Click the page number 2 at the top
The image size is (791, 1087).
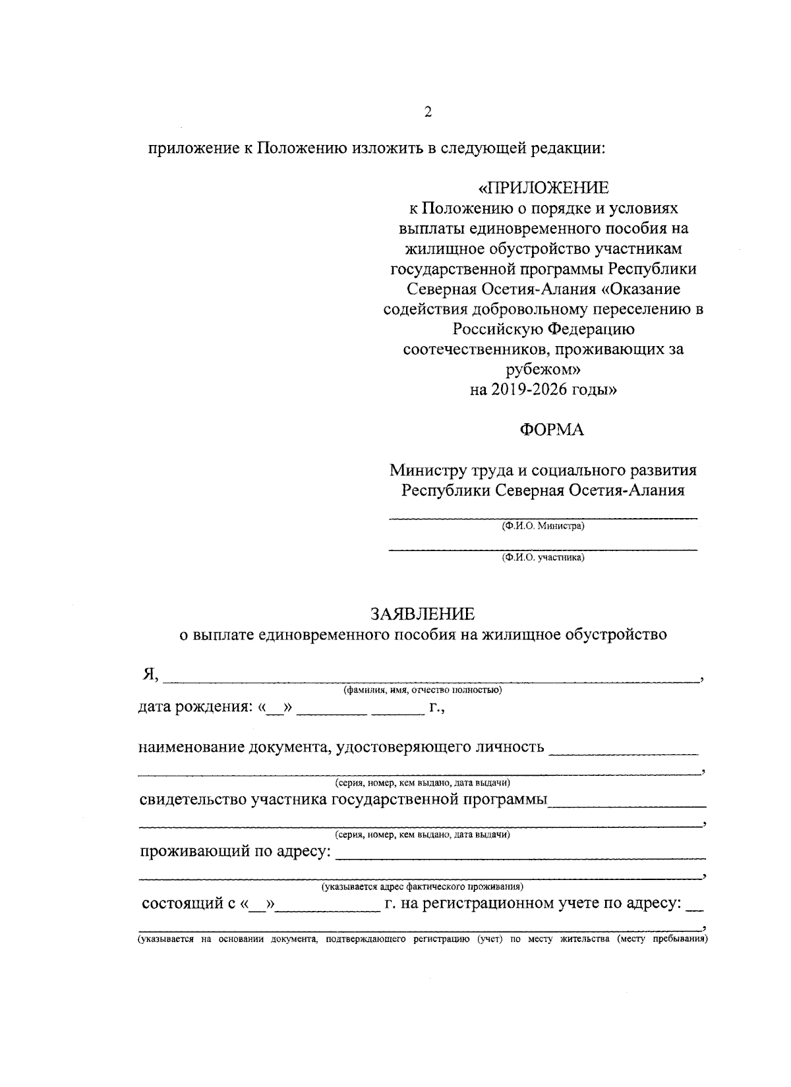(428, 112)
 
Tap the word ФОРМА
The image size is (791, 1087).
(552, 430)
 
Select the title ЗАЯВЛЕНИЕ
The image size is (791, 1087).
(422, 614)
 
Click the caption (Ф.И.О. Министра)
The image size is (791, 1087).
(542, 526)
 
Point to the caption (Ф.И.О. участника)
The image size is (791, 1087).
(542, 558)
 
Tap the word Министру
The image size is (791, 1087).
(426, 470)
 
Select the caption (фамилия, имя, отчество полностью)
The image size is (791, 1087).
(422, 690)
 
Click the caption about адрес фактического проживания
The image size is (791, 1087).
(422, 887)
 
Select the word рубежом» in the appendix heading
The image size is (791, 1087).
(543, 370)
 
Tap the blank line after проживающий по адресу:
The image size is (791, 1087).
(521, 855)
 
